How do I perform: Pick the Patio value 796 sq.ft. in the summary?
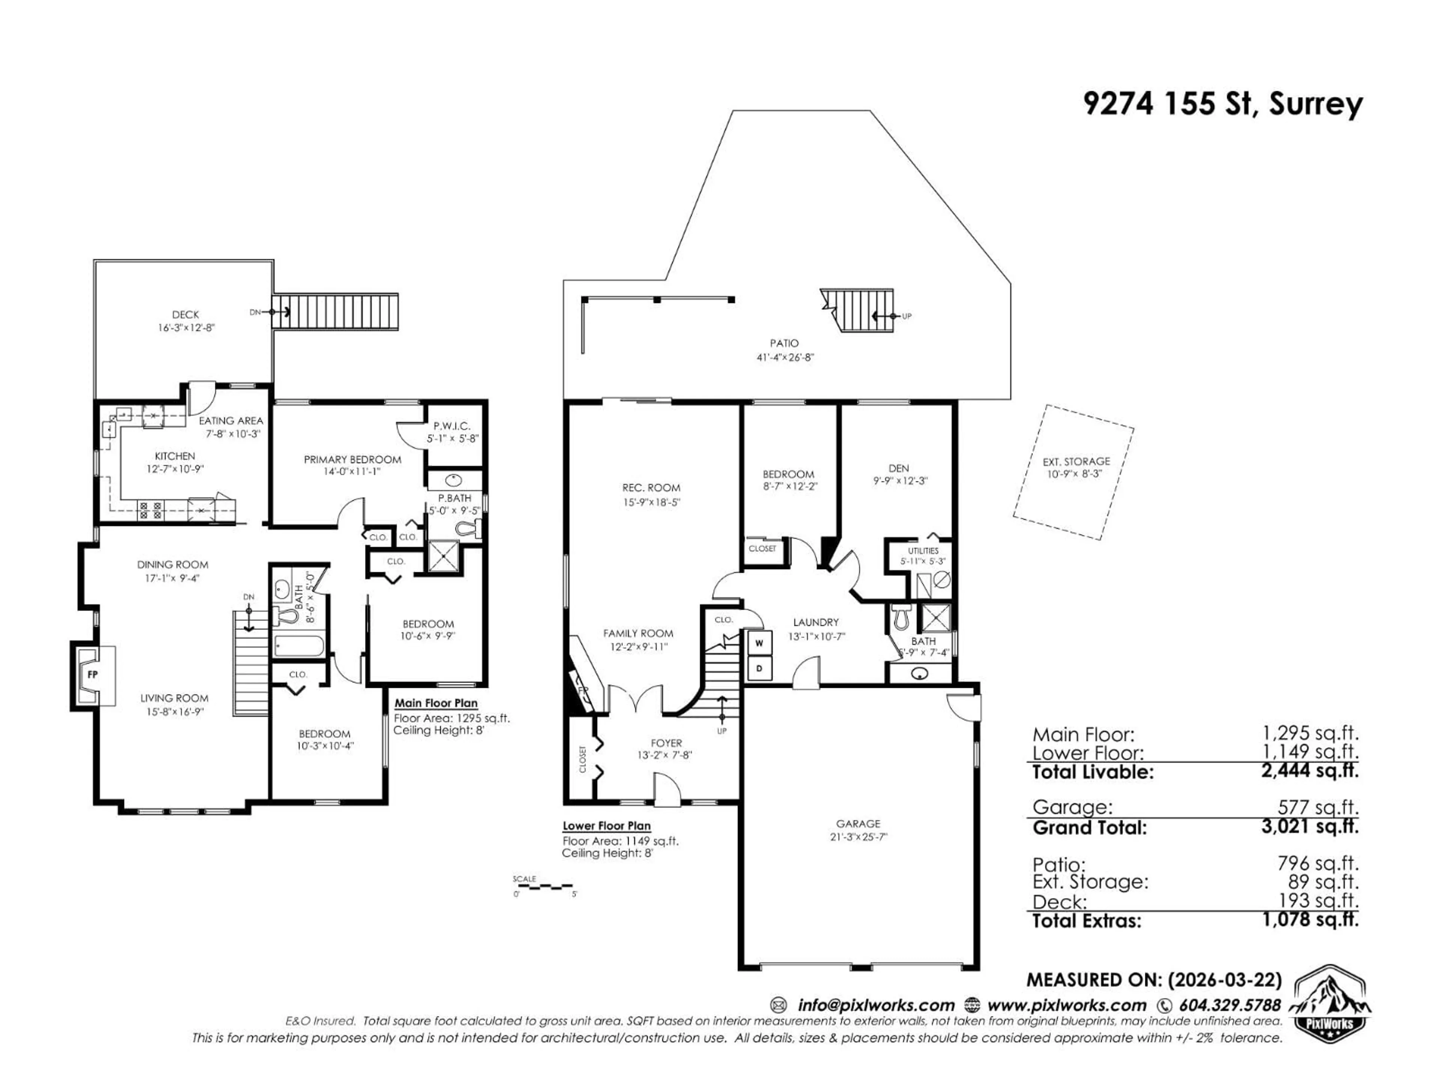pos(1317,864)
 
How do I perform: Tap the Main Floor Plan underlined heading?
pos(436,703)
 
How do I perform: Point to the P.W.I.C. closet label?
pos(452,426)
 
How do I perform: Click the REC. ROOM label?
pos(651,488)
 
